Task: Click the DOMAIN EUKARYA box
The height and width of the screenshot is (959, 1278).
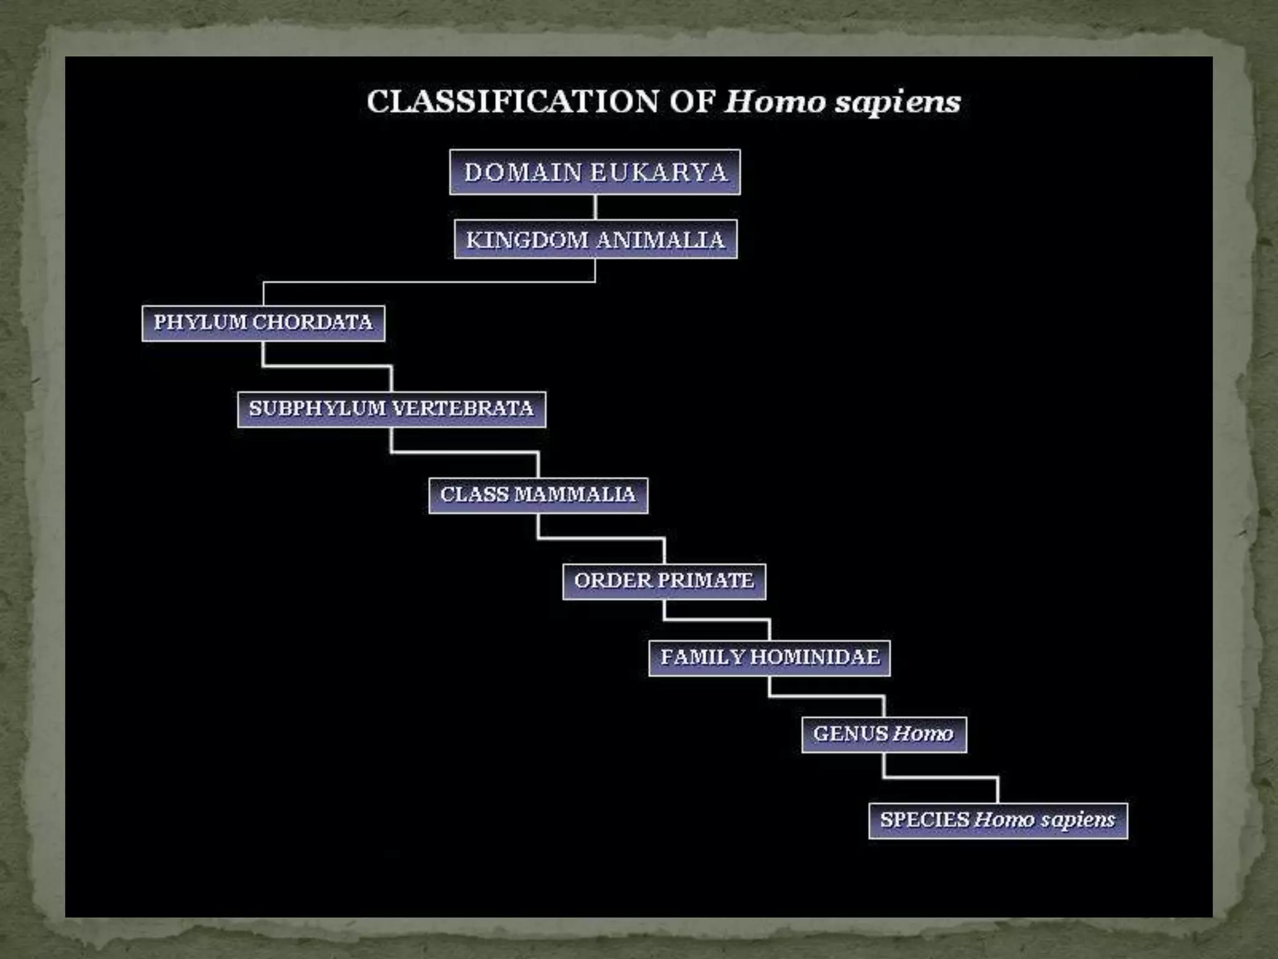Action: point(595,172)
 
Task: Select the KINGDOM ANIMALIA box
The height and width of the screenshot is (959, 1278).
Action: point(595,240)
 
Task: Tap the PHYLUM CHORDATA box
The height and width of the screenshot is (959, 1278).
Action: point(263,323)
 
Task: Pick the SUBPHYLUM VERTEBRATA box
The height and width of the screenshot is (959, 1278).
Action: point(391,409)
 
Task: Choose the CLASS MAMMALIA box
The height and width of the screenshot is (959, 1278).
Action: point(538,495)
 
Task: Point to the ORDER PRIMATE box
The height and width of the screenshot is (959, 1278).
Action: point(664,581)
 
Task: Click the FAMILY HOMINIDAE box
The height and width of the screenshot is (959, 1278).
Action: point(769,657)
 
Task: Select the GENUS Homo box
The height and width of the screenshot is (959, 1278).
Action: point(884,734)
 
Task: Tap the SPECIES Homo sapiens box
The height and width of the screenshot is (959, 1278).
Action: point(998,820)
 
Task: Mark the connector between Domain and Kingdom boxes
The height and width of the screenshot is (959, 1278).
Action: point(595,207)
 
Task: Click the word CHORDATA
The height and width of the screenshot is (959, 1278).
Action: point(313,323)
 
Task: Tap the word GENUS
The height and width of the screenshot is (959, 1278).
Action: point(851,734)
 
